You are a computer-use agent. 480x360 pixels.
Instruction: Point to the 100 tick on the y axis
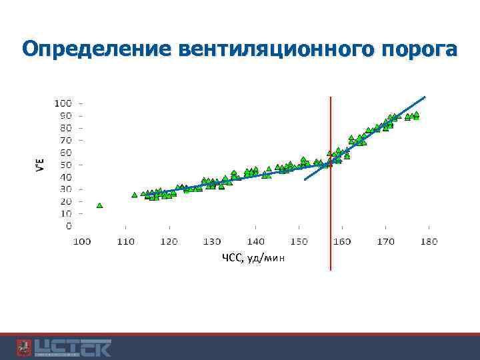(63, 103)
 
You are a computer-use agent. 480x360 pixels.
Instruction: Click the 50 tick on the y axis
(65, 165)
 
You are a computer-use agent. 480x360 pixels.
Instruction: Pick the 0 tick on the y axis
(68, 226)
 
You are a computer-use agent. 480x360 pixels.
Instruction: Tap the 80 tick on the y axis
(65, 128)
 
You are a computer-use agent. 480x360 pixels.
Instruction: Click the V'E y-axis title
(39, 164)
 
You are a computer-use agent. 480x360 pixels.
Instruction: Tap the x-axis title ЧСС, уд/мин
(253, 258)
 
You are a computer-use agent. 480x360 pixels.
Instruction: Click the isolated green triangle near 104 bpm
(99, 205)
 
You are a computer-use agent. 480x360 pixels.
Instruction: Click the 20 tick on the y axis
(65, 201)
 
